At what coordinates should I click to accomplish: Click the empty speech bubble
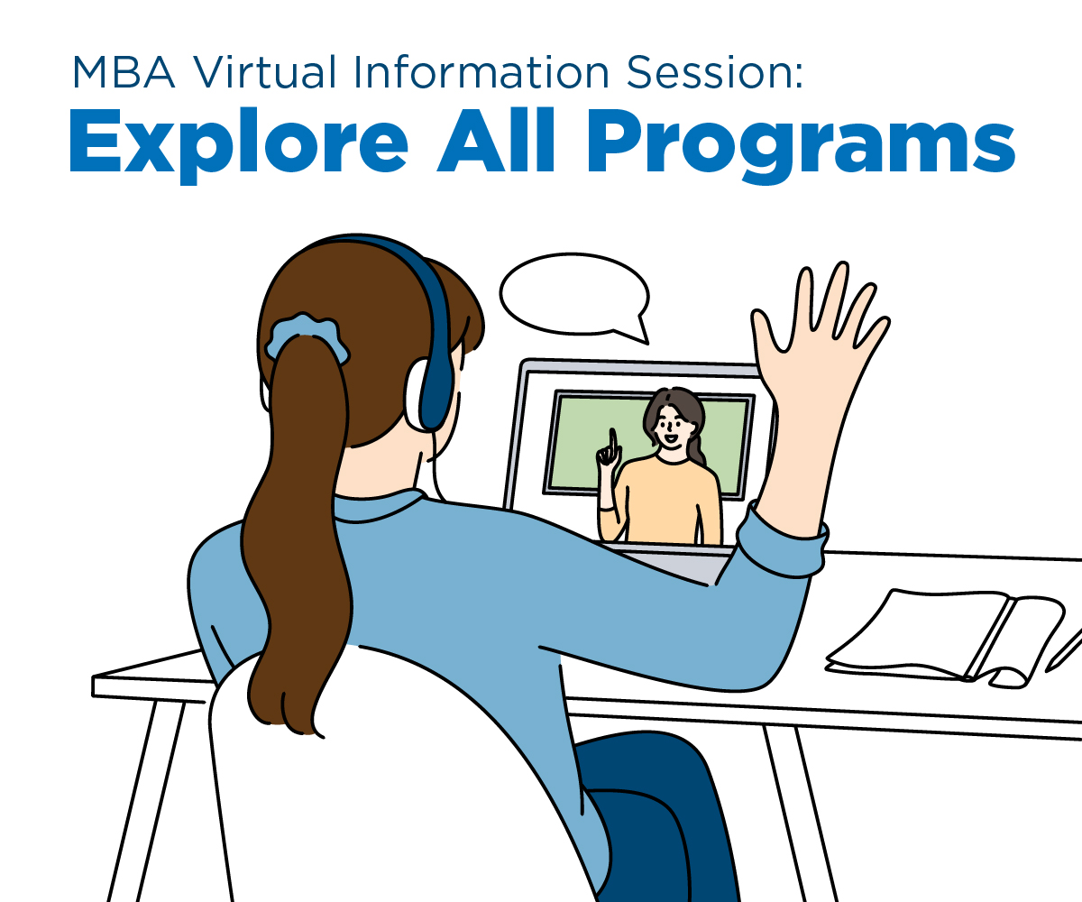tap(574, 295)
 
